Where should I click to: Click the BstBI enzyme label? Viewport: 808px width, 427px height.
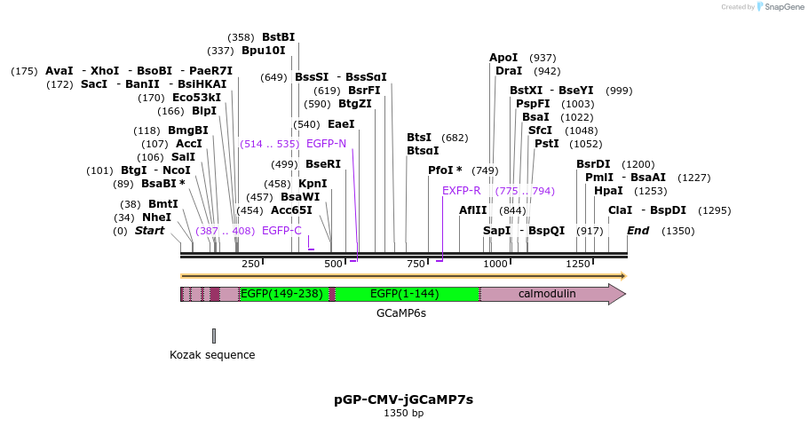(x=278, y=37)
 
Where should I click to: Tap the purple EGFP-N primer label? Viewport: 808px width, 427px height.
(x=326, y=143)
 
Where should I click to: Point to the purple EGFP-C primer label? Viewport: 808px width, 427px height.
(x=281, y=231)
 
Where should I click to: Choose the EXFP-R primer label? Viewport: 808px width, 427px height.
(x=461, y=191)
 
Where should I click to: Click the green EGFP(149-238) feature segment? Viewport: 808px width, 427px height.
(x=281, y=294)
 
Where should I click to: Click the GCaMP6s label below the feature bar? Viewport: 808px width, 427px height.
(x=400, y=313)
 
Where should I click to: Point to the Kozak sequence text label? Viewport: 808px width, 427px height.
(x=212, y=355)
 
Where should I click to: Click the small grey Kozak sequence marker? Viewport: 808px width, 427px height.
(x=214, y=336)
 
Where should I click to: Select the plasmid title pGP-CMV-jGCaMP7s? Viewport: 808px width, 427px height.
(x=404, y=399)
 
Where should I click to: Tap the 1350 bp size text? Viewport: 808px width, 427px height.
(x=404, y=414)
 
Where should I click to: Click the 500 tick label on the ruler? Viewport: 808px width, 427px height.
(x=333, y=264)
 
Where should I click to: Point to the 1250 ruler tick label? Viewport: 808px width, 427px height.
(x=579, y=264)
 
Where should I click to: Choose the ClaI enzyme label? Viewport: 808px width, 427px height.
(x=620, y=210)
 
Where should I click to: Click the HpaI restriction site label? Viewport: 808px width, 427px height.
(x=608, y=191)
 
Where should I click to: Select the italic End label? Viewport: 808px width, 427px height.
(x=638, y=231)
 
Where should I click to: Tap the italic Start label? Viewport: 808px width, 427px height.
(x=149, y=231)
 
